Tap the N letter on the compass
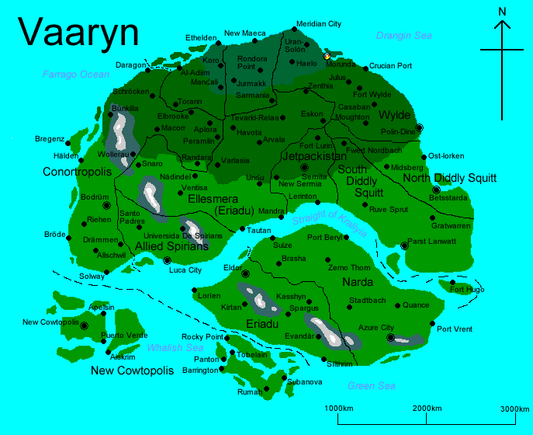pos(503,11)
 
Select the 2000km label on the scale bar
pos(427,409)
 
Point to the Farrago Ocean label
pos(76,74)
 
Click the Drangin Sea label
pos(403,36)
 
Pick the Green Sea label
pos(372,386)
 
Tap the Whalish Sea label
pos(175,347)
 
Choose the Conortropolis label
pos(78,171)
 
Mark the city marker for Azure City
pos(391,338)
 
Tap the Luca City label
pos(185,270)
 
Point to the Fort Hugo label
pos(467,290)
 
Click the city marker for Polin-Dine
pos(420,127)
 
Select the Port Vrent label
pos(455,329)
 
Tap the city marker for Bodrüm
pos(106,206)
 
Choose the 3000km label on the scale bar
pos(514,409)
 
